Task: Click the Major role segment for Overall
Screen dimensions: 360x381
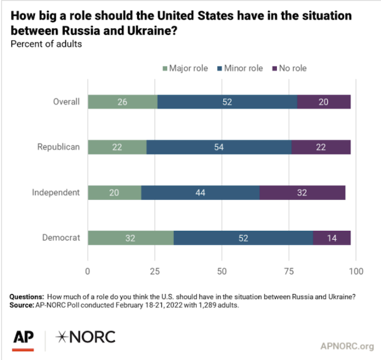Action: coord(122,102)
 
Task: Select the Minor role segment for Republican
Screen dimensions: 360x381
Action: coord(219,147)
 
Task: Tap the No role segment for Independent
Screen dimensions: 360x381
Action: coord(302,192)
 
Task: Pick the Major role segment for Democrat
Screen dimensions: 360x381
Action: coord(130,237)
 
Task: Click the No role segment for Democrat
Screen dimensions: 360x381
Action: coord(332,237)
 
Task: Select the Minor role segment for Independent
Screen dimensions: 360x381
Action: coord(200,192)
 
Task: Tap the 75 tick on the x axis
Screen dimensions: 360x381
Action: coord(289,271)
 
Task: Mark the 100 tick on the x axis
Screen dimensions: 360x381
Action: coord(356,271)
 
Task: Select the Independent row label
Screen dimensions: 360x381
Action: coord(56,192)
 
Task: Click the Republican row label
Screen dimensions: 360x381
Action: coord(58,147)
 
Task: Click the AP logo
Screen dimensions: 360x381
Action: coord(23,338)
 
